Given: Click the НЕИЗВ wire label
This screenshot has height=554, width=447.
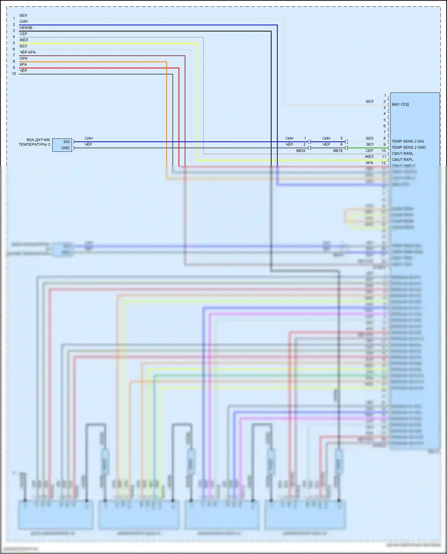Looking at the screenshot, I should (26, 28).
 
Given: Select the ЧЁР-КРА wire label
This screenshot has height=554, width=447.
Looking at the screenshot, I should (27, 52).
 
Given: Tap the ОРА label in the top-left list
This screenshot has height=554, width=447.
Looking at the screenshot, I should (24, 58).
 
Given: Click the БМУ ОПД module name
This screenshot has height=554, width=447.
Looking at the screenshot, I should (400, 104).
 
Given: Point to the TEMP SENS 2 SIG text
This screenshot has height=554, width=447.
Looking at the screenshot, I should (408, 141).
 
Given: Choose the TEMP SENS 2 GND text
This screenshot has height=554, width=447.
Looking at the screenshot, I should (409, 147).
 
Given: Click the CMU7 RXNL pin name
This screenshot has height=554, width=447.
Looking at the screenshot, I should (403, 154).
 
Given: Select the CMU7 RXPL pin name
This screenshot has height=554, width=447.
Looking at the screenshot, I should (402, 160).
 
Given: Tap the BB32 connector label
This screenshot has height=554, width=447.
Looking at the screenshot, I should (301, 151).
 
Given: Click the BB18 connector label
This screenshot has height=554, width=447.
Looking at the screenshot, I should (338, 151).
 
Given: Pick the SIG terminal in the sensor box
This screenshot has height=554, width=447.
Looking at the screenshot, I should (66, 142).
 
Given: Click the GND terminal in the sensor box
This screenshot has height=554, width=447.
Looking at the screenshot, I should (65, 148).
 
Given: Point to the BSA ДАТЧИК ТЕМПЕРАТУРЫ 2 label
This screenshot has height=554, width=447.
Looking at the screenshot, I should (35, 142).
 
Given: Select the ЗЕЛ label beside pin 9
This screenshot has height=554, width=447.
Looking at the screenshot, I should (370, 145).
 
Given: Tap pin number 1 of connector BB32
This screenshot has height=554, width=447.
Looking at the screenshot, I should (305, 138).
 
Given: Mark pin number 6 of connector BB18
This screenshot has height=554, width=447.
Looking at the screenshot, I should (342, 145).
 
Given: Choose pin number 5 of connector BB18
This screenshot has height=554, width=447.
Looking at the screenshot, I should (342, 138).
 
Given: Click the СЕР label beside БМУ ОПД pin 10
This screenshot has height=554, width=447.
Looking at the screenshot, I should (369, 151).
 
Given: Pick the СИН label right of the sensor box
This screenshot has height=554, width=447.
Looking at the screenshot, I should (89, 138).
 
